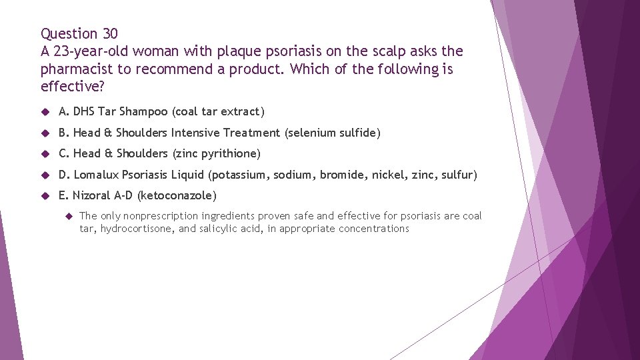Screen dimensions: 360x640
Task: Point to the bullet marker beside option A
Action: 45,112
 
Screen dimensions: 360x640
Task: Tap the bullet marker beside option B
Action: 45,133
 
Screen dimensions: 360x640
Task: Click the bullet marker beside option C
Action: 45,153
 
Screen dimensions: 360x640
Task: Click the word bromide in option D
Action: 341,175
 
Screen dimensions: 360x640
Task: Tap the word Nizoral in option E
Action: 92,195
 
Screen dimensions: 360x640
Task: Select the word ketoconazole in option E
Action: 177,195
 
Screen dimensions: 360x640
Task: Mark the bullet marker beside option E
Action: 45,195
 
